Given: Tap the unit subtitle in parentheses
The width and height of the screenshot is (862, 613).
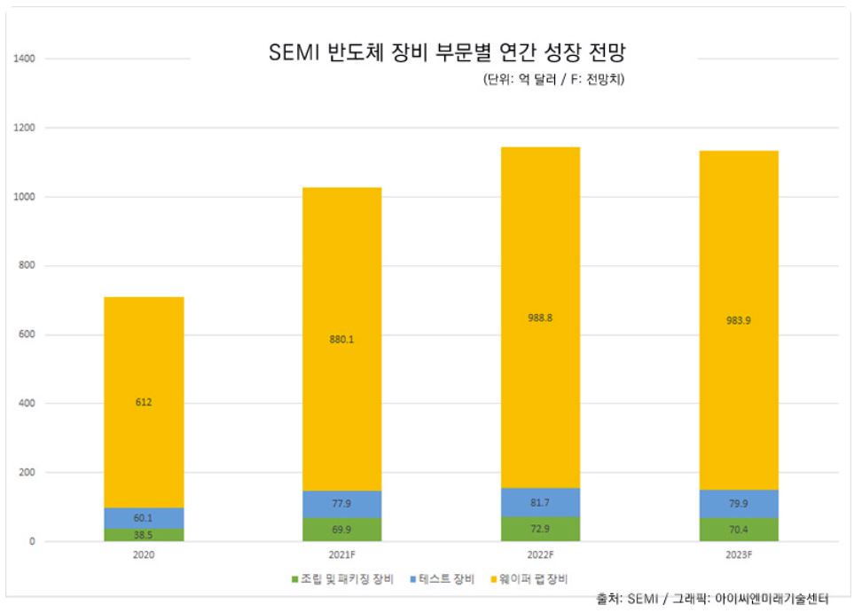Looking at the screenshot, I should click(x=555, y=79).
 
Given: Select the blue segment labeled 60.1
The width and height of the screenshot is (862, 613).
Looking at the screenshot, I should click(x=144, y=518).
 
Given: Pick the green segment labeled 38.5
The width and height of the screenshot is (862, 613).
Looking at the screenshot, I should click(x=144, y=535).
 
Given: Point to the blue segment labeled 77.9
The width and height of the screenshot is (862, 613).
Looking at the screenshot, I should click(x=342, y=503).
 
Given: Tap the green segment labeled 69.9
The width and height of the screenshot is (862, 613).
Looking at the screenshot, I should click(x=342, y=529).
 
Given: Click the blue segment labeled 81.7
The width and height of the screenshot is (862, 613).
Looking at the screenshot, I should click(x=540, y=502).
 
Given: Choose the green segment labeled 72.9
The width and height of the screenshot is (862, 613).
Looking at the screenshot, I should click(x=540, y=529).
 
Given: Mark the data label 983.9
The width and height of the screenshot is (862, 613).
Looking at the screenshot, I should click(x=739, y=321).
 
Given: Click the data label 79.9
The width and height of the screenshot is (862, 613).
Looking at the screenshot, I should click(x=739, y=503).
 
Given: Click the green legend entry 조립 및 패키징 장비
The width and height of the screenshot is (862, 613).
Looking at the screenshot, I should click(x=341, y=578).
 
